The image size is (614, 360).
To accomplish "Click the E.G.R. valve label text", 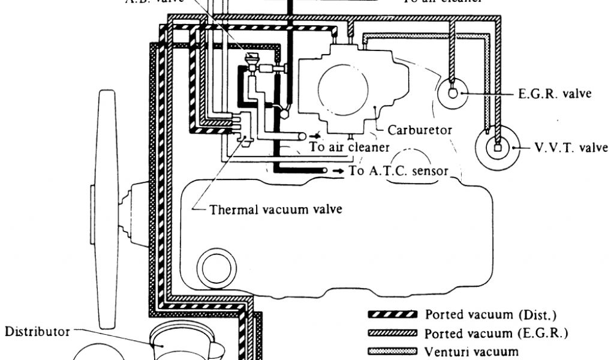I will point(555,94).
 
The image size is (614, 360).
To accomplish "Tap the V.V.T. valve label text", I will point(571,148).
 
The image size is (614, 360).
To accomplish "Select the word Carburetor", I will point(420,130).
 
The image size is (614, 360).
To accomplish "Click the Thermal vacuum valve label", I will point(276,210).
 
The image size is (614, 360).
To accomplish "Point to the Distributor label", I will point(37,331).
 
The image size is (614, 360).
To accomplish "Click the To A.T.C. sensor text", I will point(399,171).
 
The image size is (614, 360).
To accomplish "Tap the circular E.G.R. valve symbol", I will point(454,92).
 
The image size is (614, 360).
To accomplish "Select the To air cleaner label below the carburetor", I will point(350,147).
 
